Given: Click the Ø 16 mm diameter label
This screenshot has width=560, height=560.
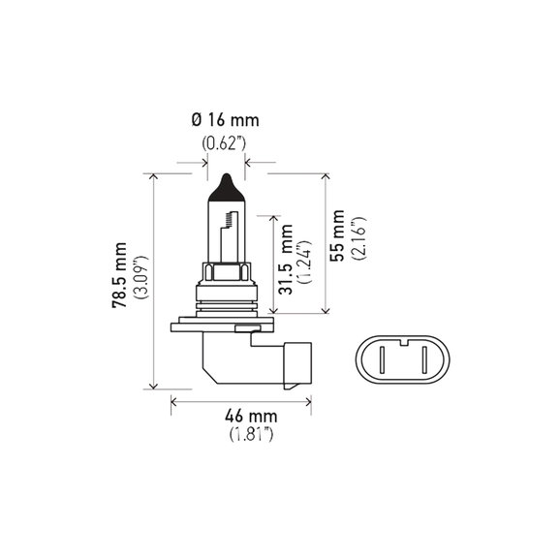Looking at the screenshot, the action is click(226, 120).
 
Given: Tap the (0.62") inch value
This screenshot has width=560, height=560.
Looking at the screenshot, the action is click(224, 143).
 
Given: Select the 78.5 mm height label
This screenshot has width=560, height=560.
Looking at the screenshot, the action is click(119, 275).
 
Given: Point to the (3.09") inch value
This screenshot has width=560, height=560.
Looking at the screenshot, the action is click(140, 277).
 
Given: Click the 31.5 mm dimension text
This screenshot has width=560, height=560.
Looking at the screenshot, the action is click(286, 260).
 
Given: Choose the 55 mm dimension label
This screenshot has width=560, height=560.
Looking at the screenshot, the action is click(337, 236).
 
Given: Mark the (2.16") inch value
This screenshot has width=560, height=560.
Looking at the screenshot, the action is click(358, 238).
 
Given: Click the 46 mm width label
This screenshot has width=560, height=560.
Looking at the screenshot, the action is click(251, 417).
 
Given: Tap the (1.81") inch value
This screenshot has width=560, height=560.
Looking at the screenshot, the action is click(252, 434).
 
